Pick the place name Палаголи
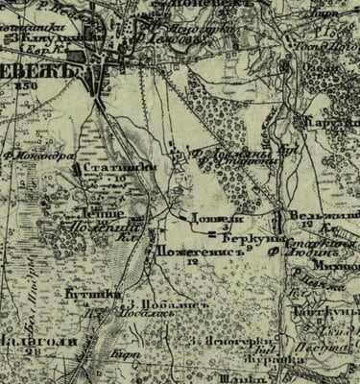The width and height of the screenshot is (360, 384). pyautogui.click(x=32, y=342)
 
